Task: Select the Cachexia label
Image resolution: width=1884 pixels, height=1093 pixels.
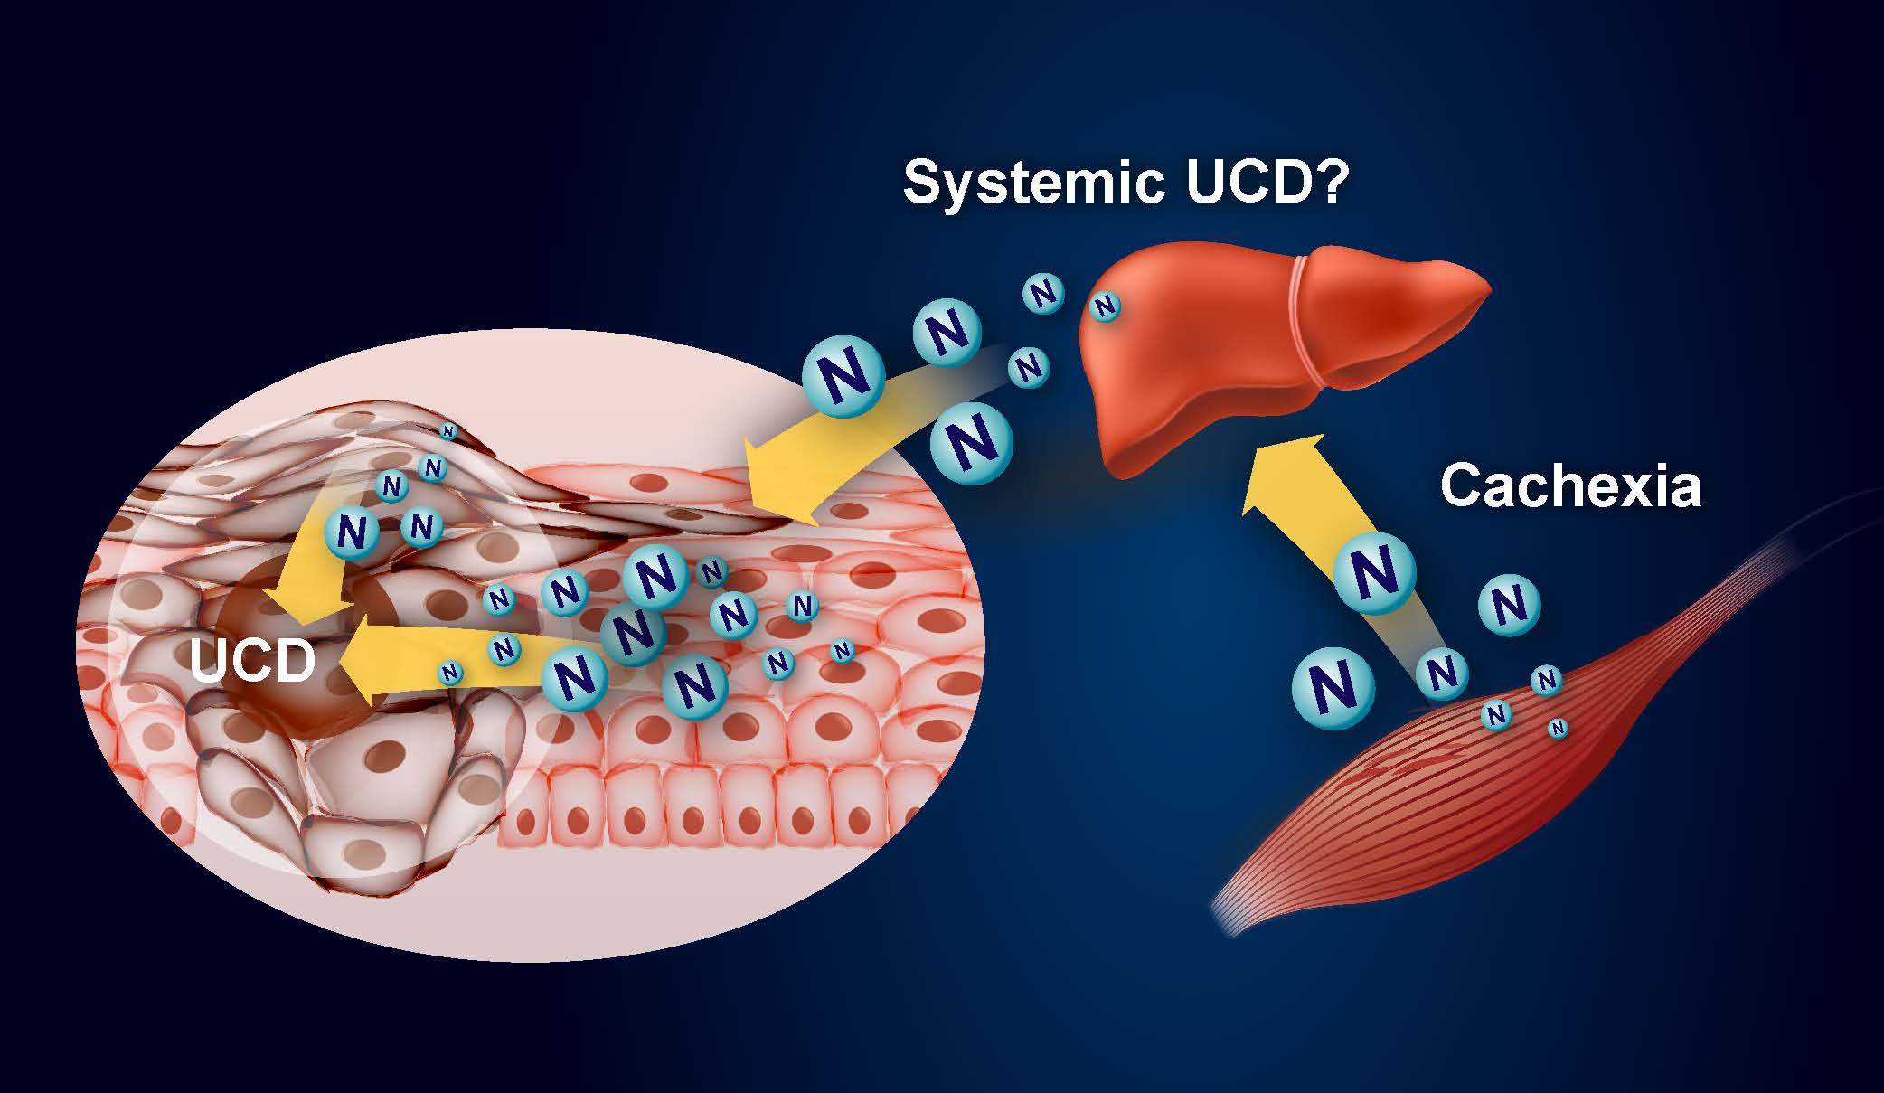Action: (1570, 485)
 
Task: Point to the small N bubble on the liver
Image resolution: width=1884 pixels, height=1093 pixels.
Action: (1104, 307)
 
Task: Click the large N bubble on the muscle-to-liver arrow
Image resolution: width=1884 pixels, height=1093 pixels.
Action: (1373, 568)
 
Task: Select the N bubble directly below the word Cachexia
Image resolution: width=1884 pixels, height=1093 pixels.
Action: (1508, 604)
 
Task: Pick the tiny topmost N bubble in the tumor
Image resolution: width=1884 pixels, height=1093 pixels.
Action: (447, 431)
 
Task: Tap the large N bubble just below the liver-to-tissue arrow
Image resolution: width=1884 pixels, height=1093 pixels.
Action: (972, 442)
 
